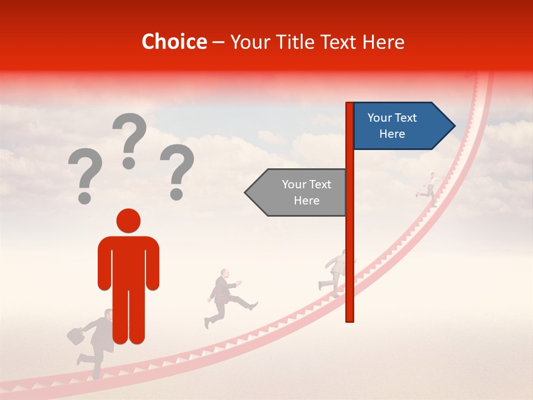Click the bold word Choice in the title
point(174,42)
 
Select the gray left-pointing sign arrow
point(297,192)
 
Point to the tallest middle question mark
point(130,136)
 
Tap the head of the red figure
point(128,221)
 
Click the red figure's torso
point(128,261)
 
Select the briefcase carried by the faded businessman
point(75,335)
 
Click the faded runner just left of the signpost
point(334,269)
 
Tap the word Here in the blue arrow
point(392,134)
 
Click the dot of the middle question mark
point(129,162)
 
